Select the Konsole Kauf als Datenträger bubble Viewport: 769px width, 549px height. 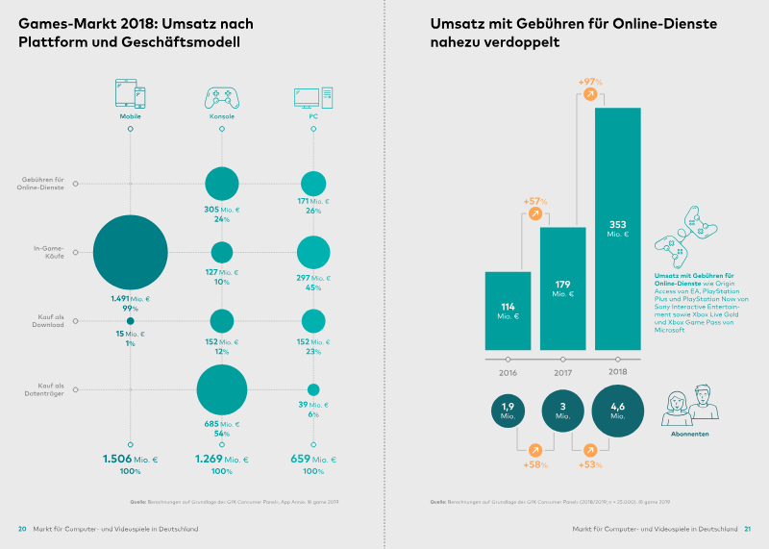click(x=222, y=389)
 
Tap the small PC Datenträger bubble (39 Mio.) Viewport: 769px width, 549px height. click(x=313, y=389)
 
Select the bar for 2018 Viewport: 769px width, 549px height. click(x=617, y=228)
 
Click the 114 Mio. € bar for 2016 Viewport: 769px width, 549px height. click(x=509, y=311)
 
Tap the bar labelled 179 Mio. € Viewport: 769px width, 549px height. click(x=563, y=287)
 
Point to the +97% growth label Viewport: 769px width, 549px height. click(x=590, y=82)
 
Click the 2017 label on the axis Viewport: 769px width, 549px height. click(x=563, y=371)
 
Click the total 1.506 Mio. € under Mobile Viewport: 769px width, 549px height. click(x=130, y=460)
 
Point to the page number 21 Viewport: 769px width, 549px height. click(x=748, y=529)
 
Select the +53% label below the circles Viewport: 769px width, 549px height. click(x=590, y=464)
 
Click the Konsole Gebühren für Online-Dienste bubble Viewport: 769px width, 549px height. click(x=222, y=183)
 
